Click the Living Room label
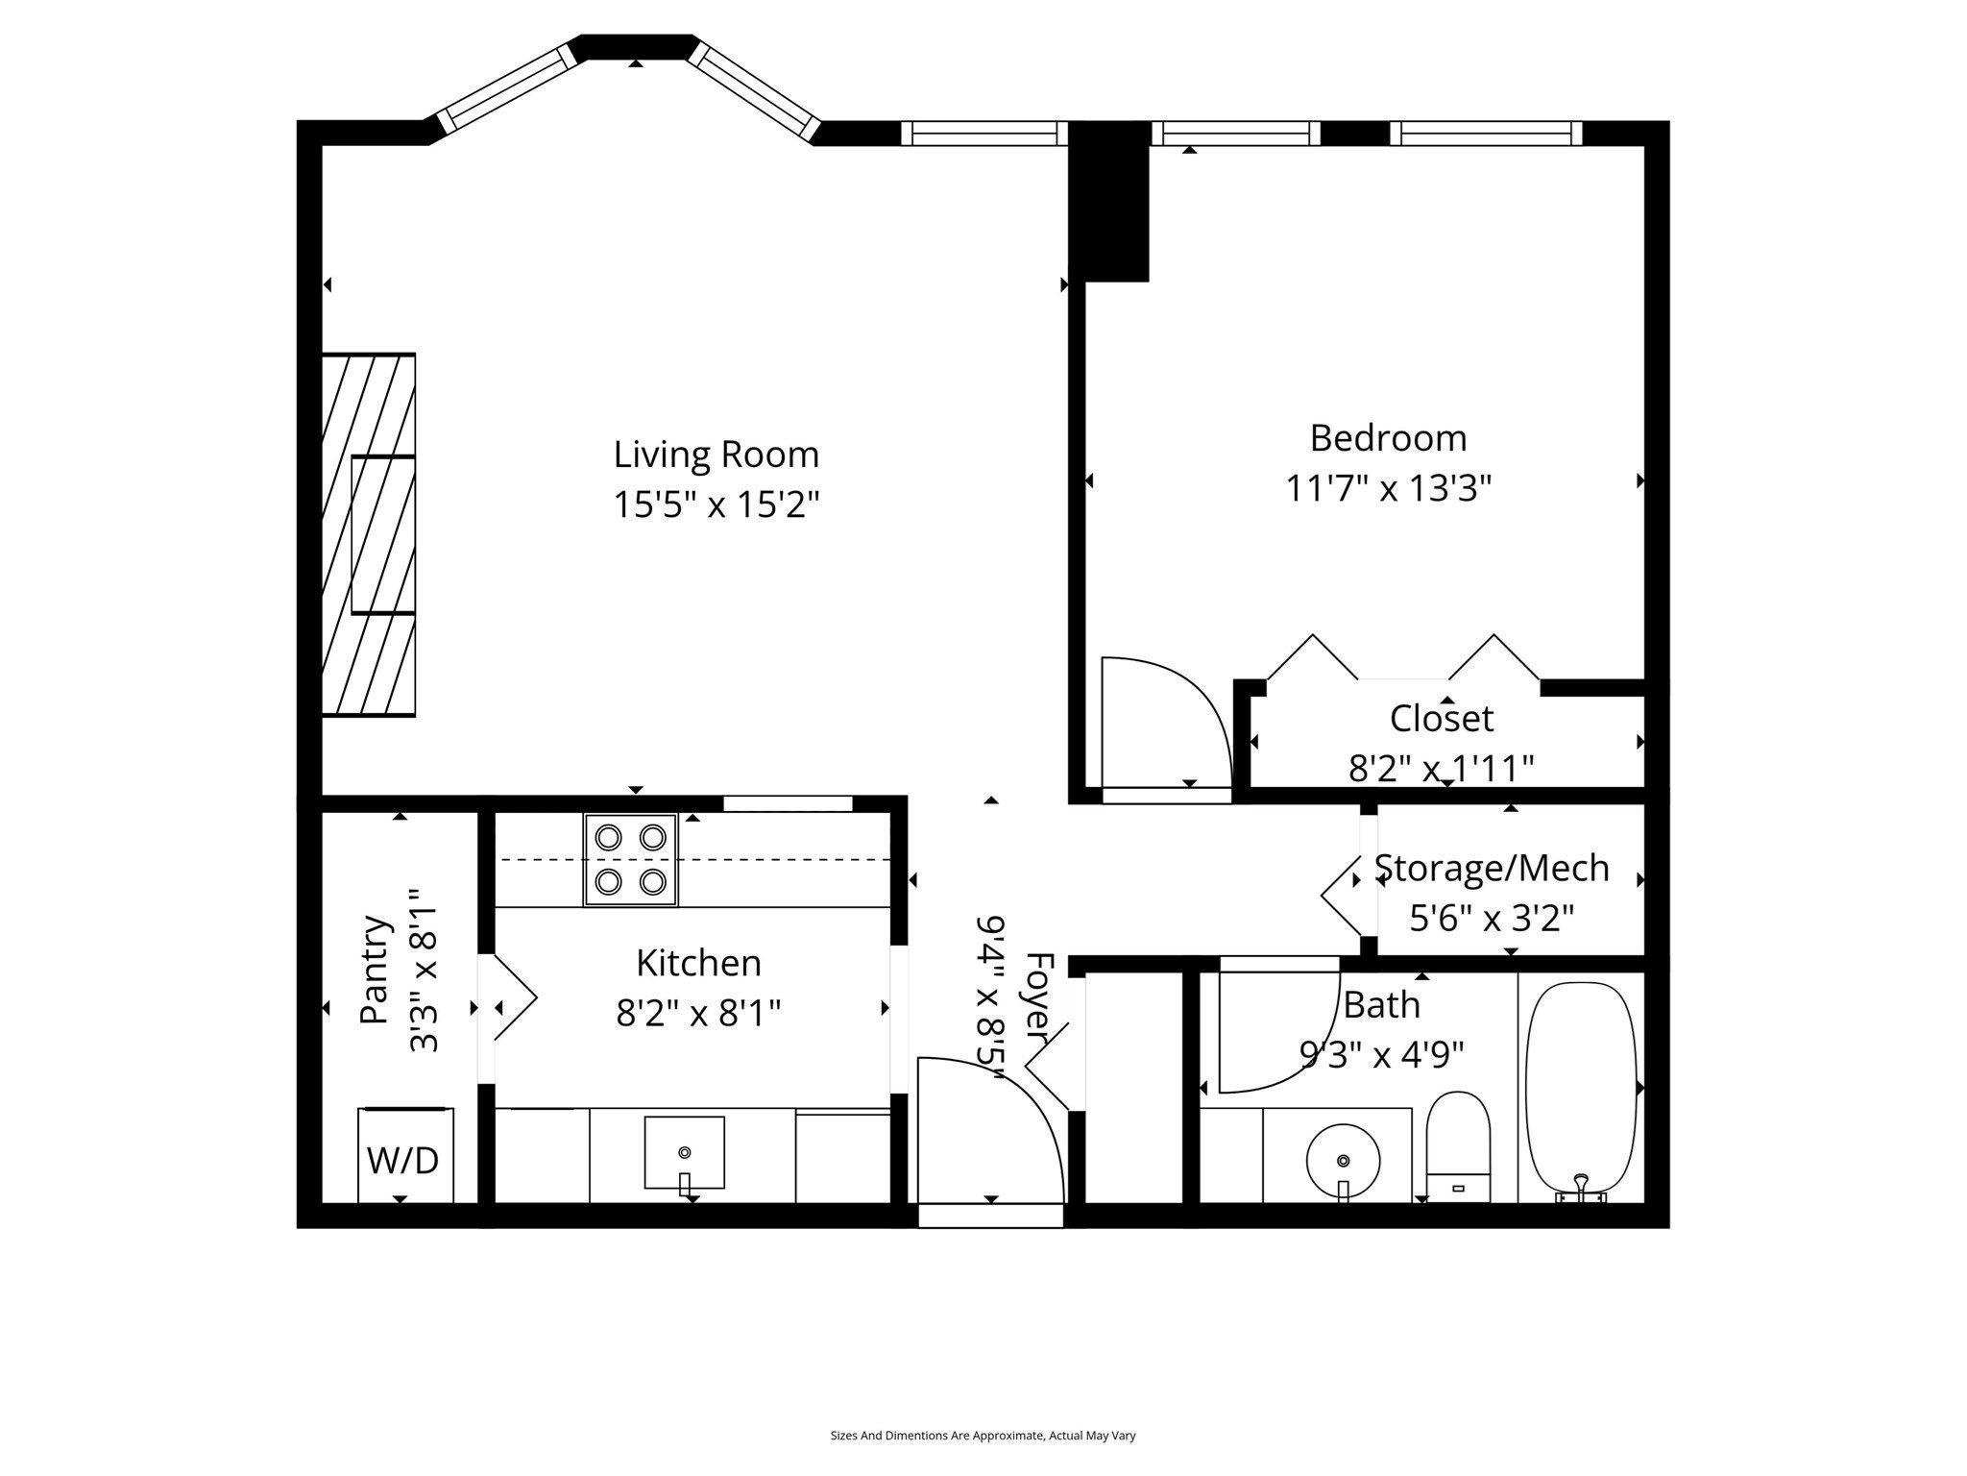coord(716,455)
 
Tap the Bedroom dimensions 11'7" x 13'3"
coord(1388,489)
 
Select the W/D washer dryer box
coord(404,1156)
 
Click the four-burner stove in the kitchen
coord(630,860)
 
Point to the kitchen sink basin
coord(684,1151)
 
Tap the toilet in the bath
coord(1457,1144)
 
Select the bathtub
coord(1580,1086)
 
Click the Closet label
coord(1441,719)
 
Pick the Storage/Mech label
coord(1491,869)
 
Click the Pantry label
coord(376,971)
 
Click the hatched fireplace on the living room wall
coord(368,534)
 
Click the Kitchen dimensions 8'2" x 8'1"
coord(698,1013)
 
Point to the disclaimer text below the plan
coord(983,1436)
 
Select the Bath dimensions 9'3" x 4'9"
coord(1381,1056)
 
